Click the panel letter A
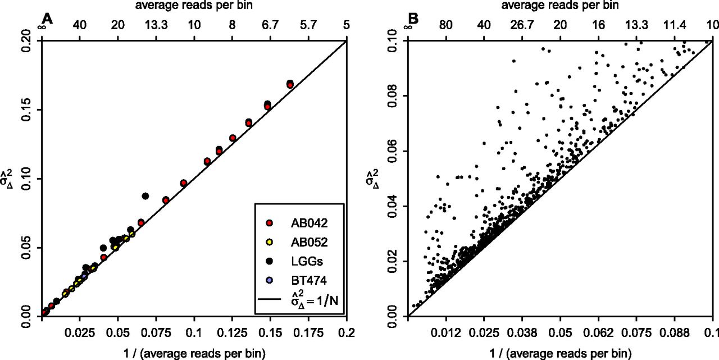47,20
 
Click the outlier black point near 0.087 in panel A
145,196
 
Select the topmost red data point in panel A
290,84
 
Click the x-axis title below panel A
194,353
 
